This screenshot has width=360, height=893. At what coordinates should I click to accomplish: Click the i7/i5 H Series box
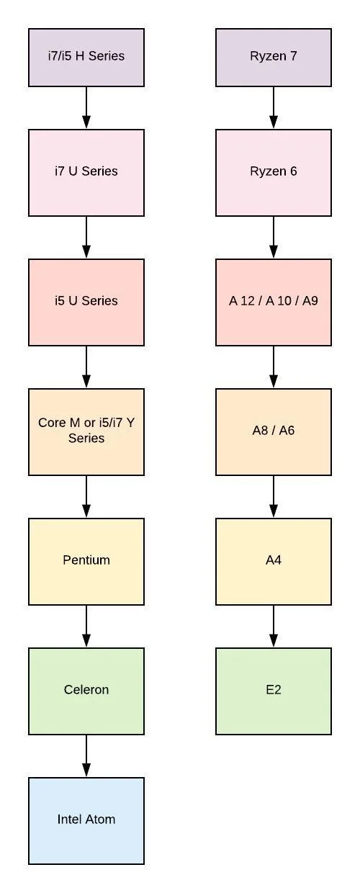pos(86,58)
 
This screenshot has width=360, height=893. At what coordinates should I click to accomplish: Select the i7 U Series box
pos(86,173)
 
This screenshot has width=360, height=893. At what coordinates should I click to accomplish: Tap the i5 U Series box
pos(86,302)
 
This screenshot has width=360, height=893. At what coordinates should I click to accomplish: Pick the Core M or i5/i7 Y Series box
pos(86,432)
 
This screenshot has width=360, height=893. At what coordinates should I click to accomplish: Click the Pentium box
pos(86,562)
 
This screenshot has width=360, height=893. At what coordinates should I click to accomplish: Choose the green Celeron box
pos(86,691)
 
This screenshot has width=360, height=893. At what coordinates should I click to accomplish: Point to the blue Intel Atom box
pos(86,821)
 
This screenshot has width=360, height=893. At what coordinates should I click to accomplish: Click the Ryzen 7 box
pos(274,58)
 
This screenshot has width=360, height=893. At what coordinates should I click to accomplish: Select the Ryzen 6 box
pos(274,173)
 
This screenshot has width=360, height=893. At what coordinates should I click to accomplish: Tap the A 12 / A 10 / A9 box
pos(274,302)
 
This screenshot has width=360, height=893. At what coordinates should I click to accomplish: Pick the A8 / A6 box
pos(274,432)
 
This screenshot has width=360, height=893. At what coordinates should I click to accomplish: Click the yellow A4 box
pos(274,562)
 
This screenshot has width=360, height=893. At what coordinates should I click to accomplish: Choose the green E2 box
pos(274,691)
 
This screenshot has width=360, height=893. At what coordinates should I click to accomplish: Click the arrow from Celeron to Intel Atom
pos(86,756)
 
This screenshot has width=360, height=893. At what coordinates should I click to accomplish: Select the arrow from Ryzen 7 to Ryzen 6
pos(274,108)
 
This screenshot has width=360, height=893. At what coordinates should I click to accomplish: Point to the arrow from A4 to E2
pos(274,627)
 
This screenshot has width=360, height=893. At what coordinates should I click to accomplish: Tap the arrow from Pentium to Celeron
pos(86,627)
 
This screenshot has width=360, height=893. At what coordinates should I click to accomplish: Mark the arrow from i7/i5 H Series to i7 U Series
pos(86,108)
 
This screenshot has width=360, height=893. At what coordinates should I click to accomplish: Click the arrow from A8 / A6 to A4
pos(274,497)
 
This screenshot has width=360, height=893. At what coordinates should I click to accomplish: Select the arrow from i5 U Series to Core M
pos(86,367)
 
